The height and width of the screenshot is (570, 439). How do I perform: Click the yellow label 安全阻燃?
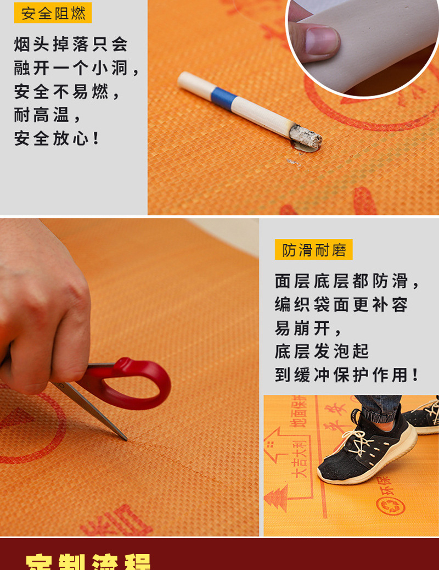pyautogui.click(x=53, y=13)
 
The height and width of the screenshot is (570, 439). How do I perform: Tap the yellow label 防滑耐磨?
pyautogui.click(x=314, y=250)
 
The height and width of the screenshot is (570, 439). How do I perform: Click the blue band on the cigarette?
pyautogui.click(x=224, y=97)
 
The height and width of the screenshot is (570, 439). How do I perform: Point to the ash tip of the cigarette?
pyautogui.click(x=305, y=136)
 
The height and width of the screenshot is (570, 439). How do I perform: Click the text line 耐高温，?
pyautogui.click(x=48, y=115)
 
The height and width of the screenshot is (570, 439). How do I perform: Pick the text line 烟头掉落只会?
pyautogui.click(x=71, y=44)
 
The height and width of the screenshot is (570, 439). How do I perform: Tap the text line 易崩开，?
pyautogui.click(x=308, y=328)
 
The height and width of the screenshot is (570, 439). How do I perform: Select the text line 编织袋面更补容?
pyautogui.click(x=341, y=305)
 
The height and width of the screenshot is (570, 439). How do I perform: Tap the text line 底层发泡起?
pyautogui.click(x=322, y=351)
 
